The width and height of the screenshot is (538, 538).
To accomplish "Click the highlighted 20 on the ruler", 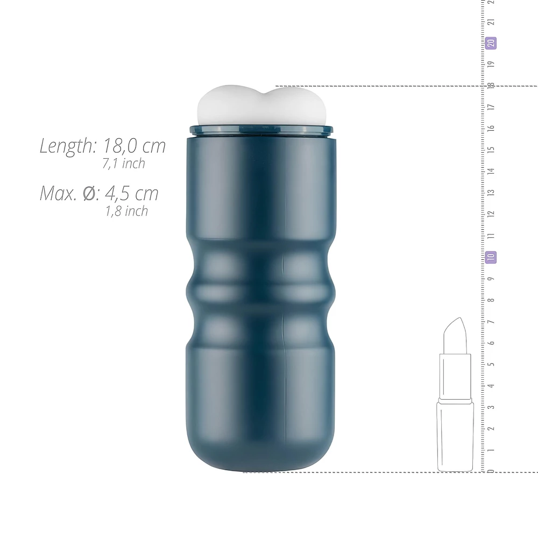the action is pos(491,43).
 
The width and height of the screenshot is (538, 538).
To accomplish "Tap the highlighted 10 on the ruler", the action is pos(491,257).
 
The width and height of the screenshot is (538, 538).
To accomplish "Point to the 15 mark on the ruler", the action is pos(491,150).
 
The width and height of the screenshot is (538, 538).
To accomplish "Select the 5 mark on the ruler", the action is pos(491,364).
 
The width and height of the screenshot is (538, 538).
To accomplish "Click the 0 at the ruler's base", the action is pos(491,471).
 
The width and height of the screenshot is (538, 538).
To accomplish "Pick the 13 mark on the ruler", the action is pos(491,193).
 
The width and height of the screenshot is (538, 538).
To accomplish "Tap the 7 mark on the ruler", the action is pos(491,322).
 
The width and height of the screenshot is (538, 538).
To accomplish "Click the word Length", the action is pos(68,146).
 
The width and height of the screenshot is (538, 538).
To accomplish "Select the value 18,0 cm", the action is pos(134,145).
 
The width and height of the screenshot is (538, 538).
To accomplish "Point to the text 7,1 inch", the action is pos(124,164).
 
